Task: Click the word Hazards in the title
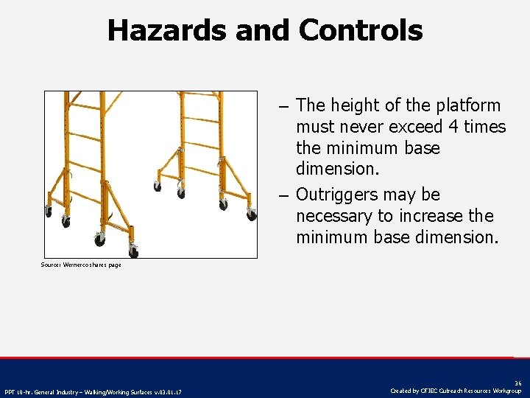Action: [166, 31]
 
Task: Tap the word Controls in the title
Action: [361, 31]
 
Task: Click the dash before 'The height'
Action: [283, 106]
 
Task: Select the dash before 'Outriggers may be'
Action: [283, 195]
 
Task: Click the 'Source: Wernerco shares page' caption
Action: [81, 265]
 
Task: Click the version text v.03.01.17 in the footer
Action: [166, 391]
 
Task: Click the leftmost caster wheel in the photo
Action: [49, 212]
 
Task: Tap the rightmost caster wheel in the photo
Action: [252, 215]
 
